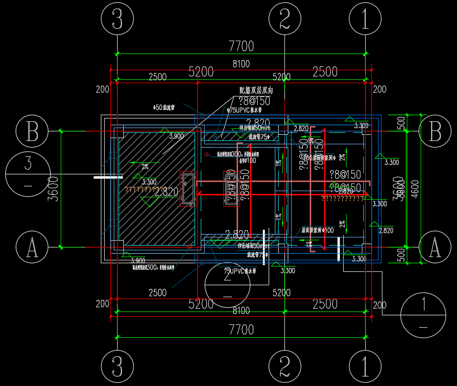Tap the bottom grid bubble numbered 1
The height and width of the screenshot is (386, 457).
[x=365, y=367]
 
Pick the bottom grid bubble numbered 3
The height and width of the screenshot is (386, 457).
[x=118, y=367]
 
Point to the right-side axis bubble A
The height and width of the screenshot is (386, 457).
[x=435, y=247]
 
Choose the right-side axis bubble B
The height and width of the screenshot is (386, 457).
[x=435, y=131]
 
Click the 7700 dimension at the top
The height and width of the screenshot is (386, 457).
[x=241, y=46]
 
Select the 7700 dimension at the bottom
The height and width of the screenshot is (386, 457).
[x=241, y=329]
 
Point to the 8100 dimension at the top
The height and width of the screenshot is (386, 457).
[x=241, y=64]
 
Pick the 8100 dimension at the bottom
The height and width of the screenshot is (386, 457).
[x=241, y=311]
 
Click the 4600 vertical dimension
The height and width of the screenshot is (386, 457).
[x=415, y=189]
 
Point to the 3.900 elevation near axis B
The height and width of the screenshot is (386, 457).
[x=176, y=136]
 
